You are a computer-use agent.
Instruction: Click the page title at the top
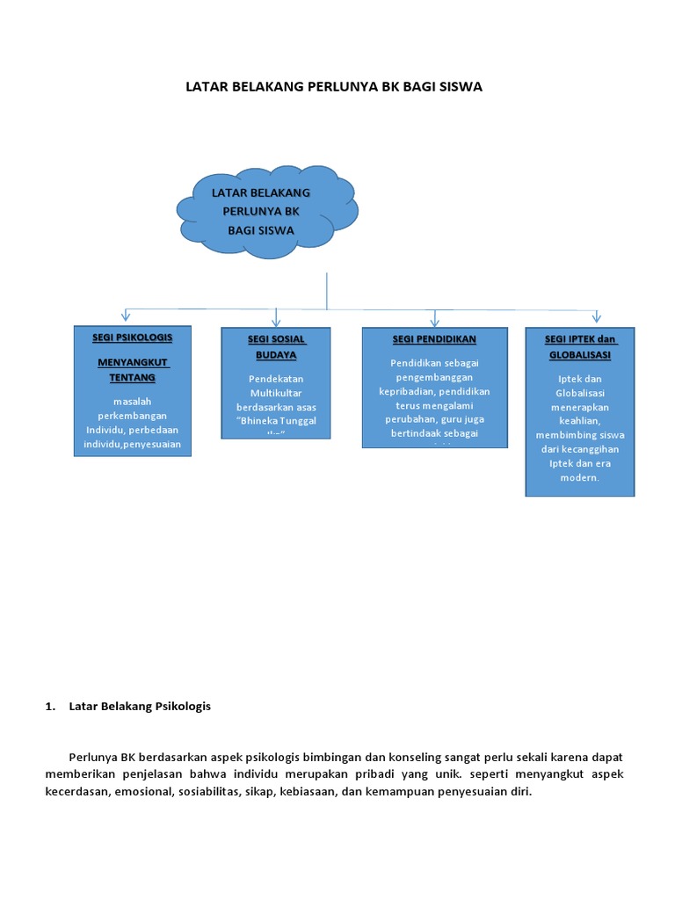tap(334, 87)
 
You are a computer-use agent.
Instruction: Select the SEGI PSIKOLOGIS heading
tap(132, 337)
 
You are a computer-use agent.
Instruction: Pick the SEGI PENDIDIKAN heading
tap(434, 338)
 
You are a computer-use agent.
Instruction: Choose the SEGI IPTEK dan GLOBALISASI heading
tap(580, 347)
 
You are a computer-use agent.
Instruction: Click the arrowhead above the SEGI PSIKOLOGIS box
tap(127, 316)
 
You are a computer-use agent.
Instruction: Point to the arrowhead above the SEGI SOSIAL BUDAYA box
tap(276, 319)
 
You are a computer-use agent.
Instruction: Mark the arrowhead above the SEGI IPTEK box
tap(597, 316)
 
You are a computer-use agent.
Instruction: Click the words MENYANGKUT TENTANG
tap(132, 370)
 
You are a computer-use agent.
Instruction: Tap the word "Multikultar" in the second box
tap(275, 393)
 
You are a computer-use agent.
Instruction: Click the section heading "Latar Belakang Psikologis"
tap(140, 706)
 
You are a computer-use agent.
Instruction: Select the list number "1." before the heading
tap(50, 706)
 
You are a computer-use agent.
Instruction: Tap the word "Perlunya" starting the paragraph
tap(92, 757)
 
